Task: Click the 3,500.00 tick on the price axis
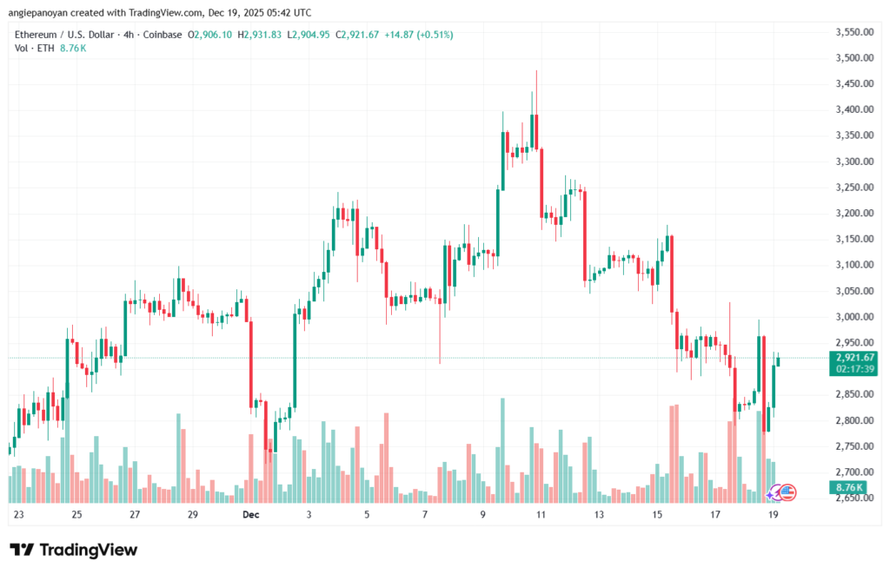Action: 853,58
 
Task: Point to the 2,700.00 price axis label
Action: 853,472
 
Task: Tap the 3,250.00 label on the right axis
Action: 853,188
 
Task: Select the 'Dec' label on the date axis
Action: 251,514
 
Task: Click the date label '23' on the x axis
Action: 19,514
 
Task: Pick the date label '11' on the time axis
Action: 541,514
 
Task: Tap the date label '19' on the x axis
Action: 773,514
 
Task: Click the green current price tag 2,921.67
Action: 854,357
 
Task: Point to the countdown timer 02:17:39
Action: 854,369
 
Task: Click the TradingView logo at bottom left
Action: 73,550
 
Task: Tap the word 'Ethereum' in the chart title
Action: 39,35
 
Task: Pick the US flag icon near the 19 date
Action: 787,492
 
